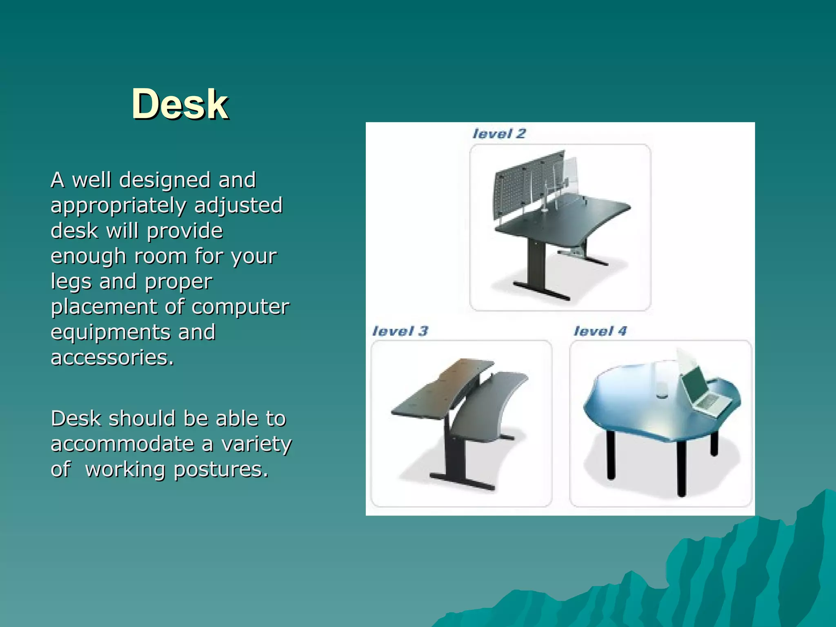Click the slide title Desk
(180, 104)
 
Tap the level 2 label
(499, 133)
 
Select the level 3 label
(400, 331)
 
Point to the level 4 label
(600, 331)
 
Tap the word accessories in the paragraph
(112, 358)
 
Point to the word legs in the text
(71, 282)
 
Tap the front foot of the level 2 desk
(541, 291)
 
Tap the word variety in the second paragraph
(256, 444)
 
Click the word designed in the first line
(165, 180)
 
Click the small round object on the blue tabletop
(662, 395)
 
